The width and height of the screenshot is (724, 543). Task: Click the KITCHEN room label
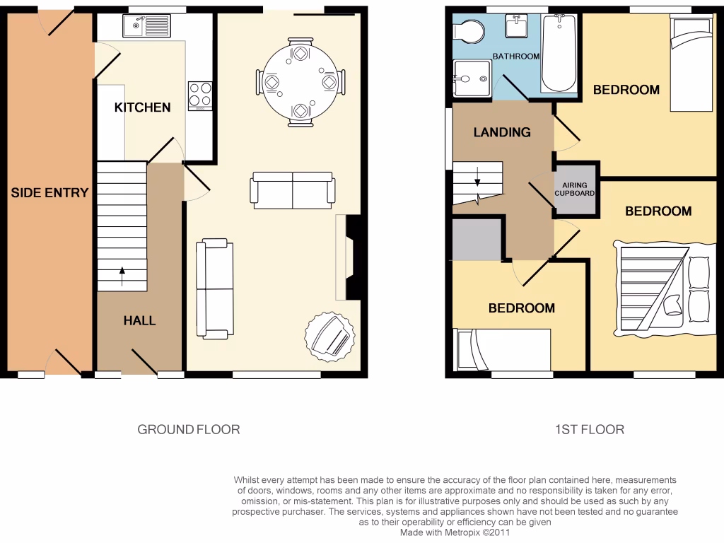142,107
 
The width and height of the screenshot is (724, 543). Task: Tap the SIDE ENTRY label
49,192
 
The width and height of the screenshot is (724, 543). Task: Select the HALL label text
139,320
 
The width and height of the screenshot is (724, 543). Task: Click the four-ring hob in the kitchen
200,96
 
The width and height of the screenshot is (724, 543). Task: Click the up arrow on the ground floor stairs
122,275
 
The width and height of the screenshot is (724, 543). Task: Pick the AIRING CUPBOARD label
574,189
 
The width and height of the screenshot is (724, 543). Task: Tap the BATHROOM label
516,57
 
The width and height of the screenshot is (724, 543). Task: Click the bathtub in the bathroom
559,54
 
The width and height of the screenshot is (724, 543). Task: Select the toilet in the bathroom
468,31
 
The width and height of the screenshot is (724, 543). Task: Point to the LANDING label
502,132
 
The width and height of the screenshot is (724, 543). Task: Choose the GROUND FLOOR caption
188,429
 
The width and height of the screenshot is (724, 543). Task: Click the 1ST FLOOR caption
589,429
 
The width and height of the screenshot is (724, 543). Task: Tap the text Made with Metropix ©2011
455,532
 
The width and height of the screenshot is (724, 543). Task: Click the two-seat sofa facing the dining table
292,189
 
